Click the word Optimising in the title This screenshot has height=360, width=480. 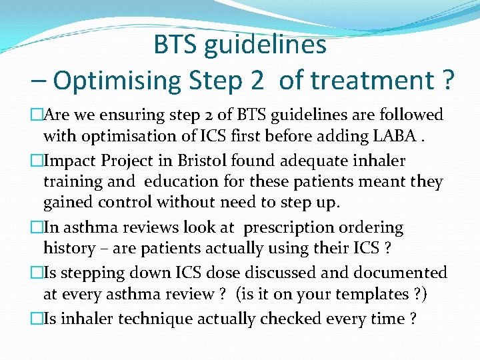point(117,80)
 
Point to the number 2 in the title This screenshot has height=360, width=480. point(256,80)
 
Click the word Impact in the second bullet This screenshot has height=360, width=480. point(70,161)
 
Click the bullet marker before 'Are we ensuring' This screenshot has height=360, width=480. point(36,115)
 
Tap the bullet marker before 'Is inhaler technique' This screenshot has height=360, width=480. point(36,319)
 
